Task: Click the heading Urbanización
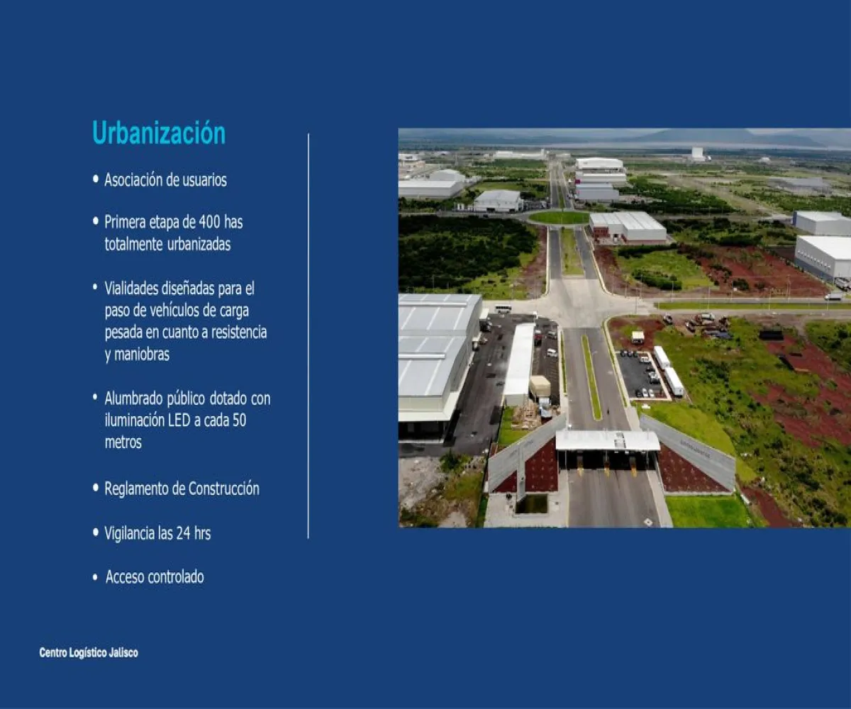click(x=159, y=133)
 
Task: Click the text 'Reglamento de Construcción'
click(x=182, y=489)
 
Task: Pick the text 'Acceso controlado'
click(x=155, y=577)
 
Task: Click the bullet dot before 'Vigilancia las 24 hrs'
click(x=96, y=532)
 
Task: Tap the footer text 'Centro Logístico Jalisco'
click(x=89, y=653)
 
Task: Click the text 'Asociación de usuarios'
click(x=165, y=180)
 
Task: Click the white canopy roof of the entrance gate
click(x=607, y=440)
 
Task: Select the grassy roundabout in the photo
click(x=559, y=217)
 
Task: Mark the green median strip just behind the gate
click(x=591, y=375)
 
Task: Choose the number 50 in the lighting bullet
click(x=239, y=420)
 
